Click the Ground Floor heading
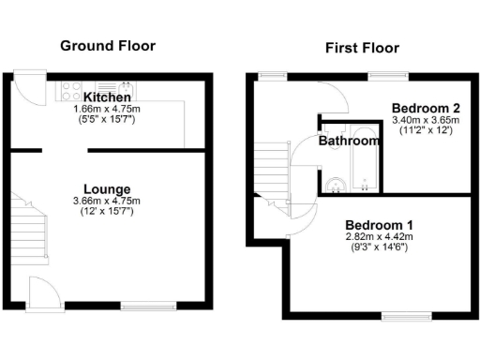click(108, 45)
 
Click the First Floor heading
click(362, 48)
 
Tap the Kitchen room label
click(106, 97)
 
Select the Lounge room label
click(106, 188)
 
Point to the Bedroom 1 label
click(379, 225)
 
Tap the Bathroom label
click(350, 142)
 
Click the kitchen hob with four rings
click(72, 90)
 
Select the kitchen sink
click(126, 88)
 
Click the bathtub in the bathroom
click(363, 181)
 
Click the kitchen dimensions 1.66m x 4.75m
click(106, 109)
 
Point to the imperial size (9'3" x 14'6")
click(379, 249)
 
